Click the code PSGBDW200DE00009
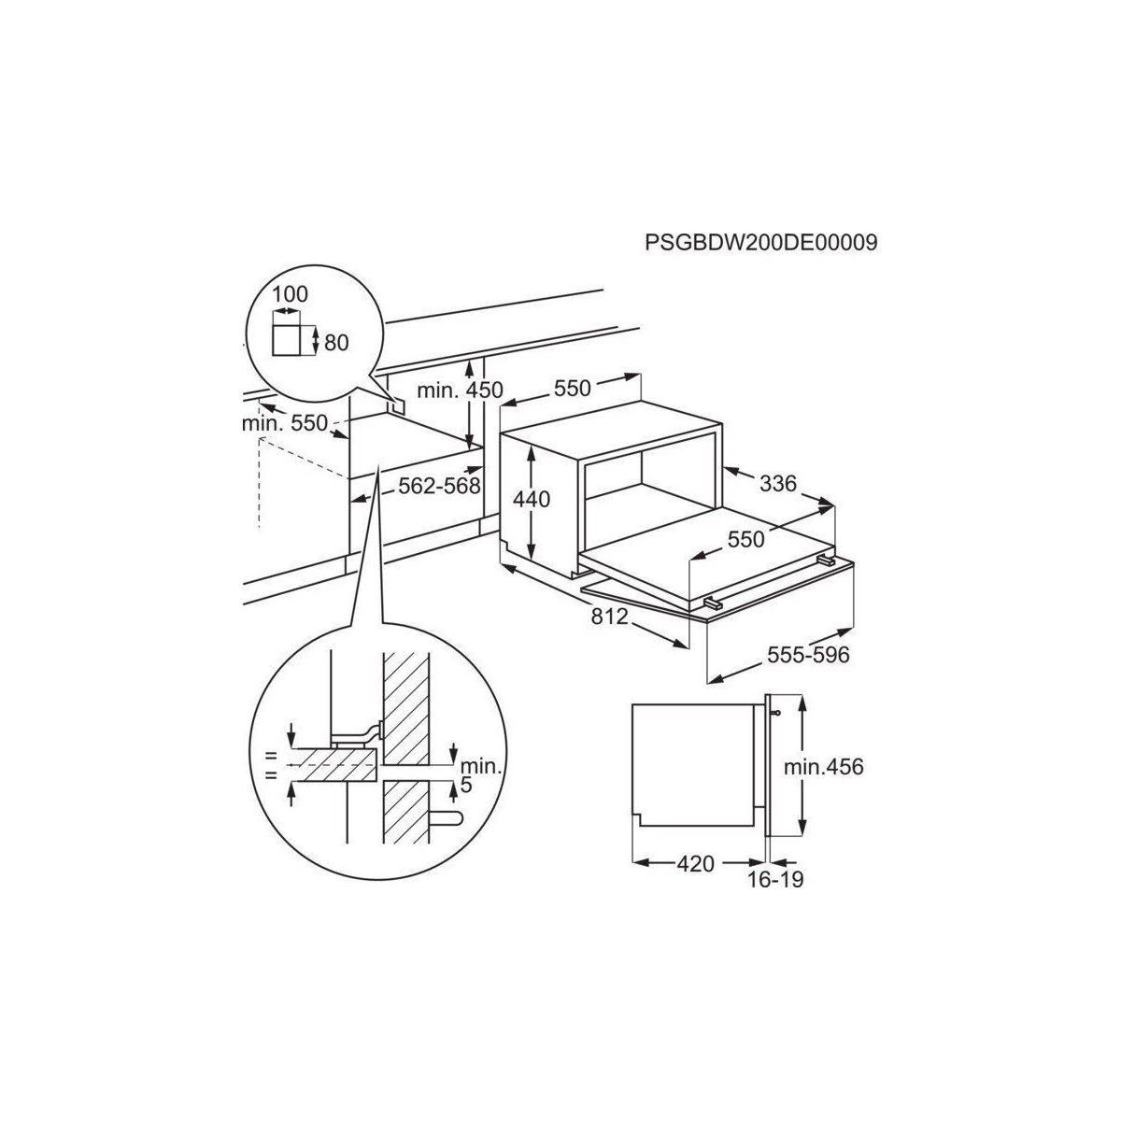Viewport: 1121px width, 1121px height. (x=761, y=243)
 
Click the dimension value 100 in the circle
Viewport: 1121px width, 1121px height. (x=290, y=294)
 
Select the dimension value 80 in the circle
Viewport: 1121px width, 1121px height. (x=335, y=343)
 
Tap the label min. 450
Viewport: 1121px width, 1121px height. (x=460, y=390)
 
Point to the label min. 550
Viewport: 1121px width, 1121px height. (x=285, y=423)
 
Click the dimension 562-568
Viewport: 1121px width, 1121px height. (x=438, y=486)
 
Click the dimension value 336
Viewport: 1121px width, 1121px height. (x=778, y=483)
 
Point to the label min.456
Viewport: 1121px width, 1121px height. (x=823, y=767)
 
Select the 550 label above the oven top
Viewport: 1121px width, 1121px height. (x=572, y=388)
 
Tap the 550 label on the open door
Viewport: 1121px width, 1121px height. (x=746, y=539)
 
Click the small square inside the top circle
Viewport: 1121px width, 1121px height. (x=290, y=342)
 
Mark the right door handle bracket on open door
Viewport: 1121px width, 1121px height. (x=825, y=559)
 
